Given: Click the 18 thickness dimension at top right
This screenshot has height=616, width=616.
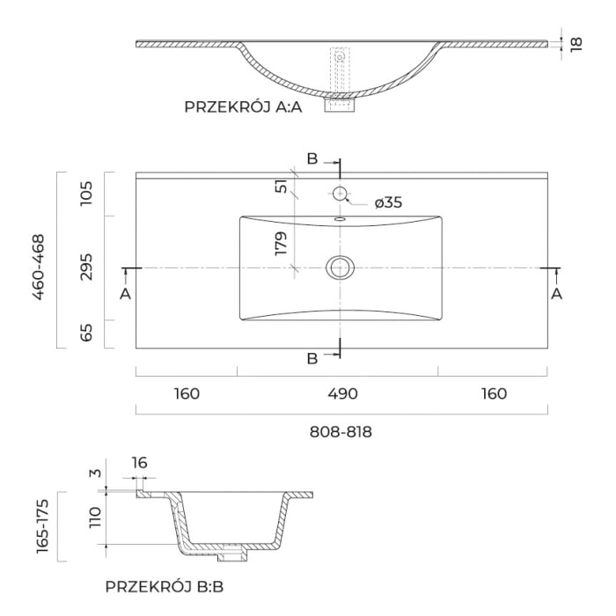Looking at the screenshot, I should [x=576, y=44].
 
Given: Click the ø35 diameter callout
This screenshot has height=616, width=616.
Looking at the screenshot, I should [x=387, y=203].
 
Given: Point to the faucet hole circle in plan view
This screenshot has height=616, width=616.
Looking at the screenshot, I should [x=339, y=193].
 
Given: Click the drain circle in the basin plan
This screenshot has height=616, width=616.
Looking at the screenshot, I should [x=339, y=267].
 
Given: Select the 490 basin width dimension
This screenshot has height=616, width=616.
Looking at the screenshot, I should [x=342, y=393].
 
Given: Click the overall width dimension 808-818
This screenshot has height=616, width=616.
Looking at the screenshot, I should [x=341, y=432].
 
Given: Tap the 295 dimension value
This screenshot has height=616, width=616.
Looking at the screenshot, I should [x=85, y=267].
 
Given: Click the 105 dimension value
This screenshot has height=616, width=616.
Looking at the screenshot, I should [x=85, y=194].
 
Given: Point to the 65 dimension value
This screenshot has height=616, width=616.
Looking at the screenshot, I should [x=85, y=334].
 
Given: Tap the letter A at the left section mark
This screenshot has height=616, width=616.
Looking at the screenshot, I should [x=126, y=294].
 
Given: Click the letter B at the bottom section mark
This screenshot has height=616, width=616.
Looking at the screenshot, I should [x=312, y=358].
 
